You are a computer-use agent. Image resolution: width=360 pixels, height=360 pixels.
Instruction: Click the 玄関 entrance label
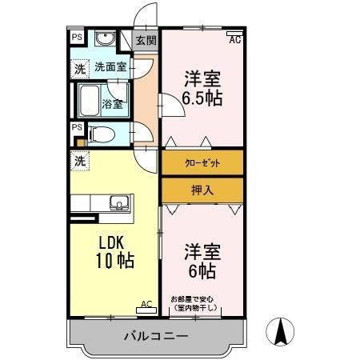coord(145,41)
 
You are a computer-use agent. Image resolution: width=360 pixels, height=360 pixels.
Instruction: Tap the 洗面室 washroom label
coord(110,67)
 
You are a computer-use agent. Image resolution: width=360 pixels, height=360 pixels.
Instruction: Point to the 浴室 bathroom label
coord(112,103)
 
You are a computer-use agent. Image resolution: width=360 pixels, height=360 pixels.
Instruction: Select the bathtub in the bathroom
coord(90,102)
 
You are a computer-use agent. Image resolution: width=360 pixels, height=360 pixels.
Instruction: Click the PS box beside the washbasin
coord(77,38)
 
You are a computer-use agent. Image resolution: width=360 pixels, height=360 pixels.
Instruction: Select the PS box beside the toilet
coord(77,127)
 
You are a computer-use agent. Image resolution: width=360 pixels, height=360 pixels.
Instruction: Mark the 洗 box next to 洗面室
coord(79,69)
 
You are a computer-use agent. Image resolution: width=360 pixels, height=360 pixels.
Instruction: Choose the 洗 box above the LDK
coord(79,161)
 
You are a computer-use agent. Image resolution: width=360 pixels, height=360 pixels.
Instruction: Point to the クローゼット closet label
coord(202,163)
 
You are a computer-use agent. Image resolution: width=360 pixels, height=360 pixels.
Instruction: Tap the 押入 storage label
coord(202,190)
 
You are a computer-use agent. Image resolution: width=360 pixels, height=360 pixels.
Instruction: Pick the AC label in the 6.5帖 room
coord(235,38)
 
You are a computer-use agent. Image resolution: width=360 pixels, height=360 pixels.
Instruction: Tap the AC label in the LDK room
coord(146,303)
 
